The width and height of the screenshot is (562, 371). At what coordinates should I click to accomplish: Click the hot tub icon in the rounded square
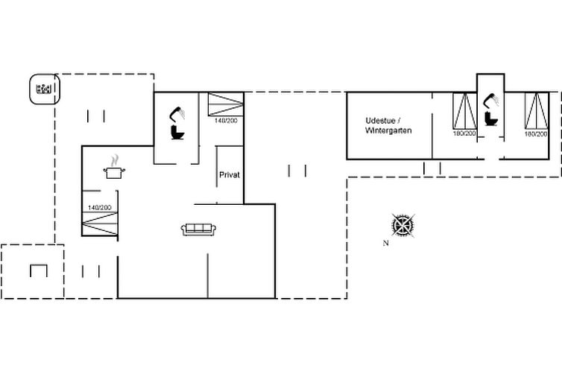point(44,89)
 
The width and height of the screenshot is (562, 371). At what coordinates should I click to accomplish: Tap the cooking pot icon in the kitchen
point(114,173)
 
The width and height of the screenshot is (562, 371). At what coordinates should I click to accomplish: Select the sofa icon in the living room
point(198,229)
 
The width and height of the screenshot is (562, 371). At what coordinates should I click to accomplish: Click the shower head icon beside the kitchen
point(177,114)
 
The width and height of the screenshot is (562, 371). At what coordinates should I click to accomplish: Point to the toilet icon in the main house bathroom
point(178,133)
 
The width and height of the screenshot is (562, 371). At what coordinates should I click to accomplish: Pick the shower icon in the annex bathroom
point(490,101)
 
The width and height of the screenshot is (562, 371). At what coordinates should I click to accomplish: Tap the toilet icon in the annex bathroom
point(490,119)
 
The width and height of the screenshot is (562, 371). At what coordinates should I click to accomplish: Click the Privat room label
point(230,175)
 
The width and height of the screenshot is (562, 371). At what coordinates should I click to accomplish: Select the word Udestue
point(380,121)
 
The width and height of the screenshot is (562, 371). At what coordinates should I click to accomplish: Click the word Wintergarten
point(388,130)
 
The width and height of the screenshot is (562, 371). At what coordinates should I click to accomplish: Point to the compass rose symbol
point(403,226)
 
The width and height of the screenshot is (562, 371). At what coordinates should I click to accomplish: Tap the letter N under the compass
point(385,243)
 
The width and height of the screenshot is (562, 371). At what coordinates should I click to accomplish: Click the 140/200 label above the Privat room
point(226,121)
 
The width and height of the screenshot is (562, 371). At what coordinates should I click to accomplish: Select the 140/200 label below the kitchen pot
point(100,208)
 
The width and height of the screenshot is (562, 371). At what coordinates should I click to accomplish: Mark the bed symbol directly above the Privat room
point(226,104)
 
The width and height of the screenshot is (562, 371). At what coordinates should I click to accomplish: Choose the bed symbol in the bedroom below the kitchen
point(100,223)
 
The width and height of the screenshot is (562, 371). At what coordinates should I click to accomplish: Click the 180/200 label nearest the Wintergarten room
point(464,133)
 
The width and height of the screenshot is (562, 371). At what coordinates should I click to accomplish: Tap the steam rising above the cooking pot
point(114,160)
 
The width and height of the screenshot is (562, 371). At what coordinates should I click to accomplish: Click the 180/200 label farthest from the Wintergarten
point(536,134)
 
